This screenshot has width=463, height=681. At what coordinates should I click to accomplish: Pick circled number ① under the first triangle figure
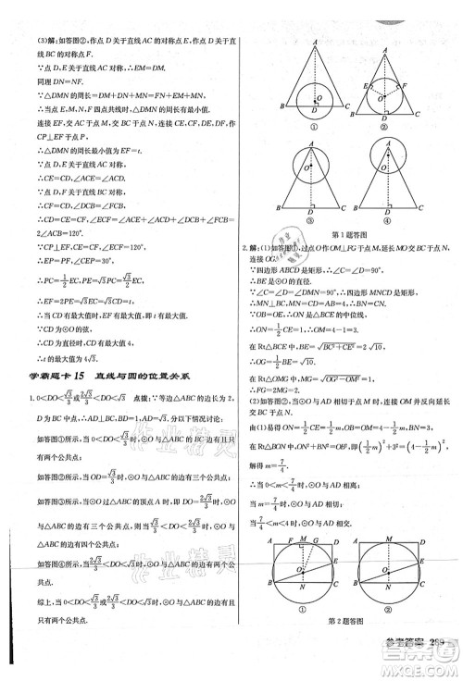pyautogui.click(x=316, y=127)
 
